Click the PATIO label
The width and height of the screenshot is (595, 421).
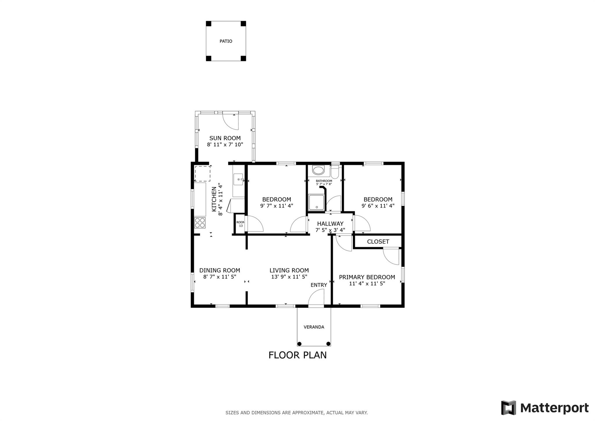click(x=226, y=41)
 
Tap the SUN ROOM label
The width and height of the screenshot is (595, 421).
click(x=225, y=138)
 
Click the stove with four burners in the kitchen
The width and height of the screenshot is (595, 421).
click(x=200, y=223)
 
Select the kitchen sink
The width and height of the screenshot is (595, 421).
click(x=238, y=180)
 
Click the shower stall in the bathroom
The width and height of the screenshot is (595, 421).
click(x=316, y=202)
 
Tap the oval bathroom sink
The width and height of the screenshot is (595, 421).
click(x=318, y=170)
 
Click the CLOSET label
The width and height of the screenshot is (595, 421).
click(x=378, y=242)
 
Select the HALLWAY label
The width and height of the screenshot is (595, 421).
click(x=330, y=224)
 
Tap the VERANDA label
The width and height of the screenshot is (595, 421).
click(x=314, y=327)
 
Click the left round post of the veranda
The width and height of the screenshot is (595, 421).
click(x=300, y=344)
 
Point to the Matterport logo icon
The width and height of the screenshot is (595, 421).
click(x=508, y=408)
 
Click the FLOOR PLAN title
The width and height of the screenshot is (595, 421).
click(x=297, y=355)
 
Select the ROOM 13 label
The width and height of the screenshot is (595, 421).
click(x=241, y=224)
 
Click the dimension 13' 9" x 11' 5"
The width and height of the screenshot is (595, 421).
click(x=289, y=277)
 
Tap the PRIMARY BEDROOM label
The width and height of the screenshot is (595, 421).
click(x=367, y=277)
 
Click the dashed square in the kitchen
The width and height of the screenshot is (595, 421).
click(x=202, y=174)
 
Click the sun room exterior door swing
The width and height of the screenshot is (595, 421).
click(x=231, y=121)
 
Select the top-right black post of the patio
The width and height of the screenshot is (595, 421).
click(x=243, y=24)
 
